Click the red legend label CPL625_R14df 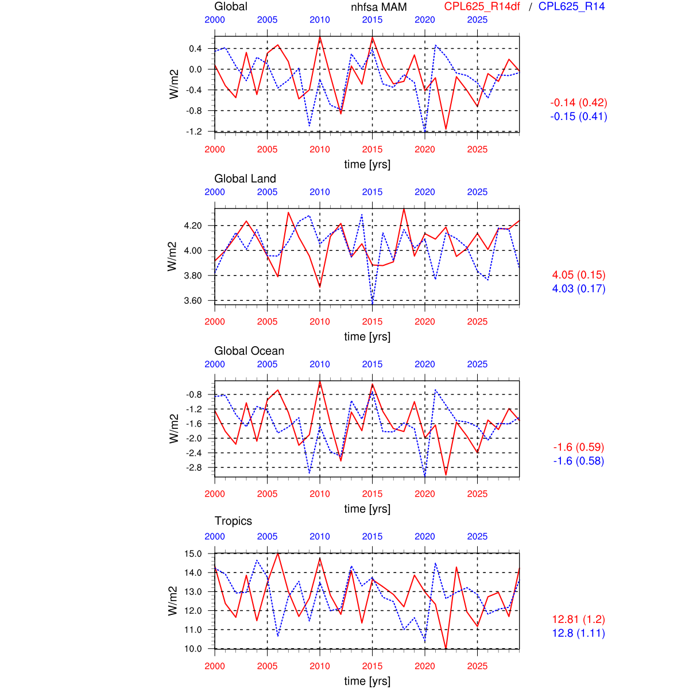[482, 6]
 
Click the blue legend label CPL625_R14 [571, 6]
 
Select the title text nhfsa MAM [379, 7]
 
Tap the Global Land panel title [245, 179]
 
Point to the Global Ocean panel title [249, 351]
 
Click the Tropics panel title [233, 521]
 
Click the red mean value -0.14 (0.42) [579, 103]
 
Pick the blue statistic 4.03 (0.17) [579, 289]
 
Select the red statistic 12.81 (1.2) [579, 620]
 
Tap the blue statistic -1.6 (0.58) [579, 461]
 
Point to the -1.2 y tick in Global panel [195, 131]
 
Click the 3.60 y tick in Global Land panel [193, 301]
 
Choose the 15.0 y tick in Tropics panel [193, 554]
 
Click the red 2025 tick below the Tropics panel [477, 666]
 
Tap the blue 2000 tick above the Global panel [215, 20]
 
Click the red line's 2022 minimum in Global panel [446, 130]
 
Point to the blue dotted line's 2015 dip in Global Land [372, 303]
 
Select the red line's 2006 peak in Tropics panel [278, 553]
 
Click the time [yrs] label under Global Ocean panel [367, 509]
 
